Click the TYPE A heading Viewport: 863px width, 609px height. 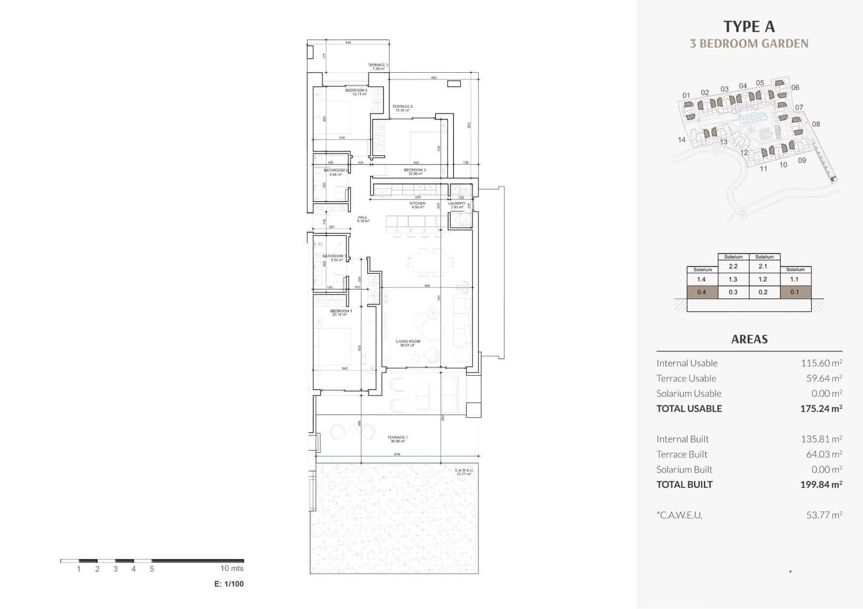[749, 26]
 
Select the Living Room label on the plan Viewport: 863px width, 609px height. [408, 342]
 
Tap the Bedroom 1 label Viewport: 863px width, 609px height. [341, 312]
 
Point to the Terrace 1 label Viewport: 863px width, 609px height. [398, 439]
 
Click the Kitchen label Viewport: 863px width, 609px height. [417, 204]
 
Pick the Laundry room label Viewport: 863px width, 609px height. [456, 204]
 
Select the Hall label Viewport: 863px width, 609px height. [362, 219]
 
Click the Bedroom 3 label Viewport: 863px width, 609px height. [356, 92]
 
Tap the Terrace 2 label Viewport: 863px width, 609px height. [402, 108]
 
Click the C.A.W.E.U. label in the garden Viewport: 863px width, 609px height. [464, 472]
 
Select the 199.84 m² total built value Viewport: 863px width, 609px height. [821, 485]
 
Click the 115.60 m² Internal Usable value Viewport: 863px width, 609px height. [821, 363]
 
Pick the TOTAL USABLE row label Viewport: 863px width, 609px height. [689, 409]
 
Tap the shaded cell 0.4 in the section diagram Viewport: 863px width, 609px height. [701, 292]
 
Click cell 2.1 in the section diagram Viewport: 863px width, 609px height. [763, 266]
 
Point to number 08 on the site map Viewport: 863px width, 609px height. [816, 124]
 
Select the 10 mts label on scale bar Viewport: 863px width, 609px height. [232, 568]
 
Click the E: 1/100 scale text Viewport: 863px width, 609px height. [229, 584]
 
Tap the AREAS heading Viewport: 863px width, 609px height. [749, 339]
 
